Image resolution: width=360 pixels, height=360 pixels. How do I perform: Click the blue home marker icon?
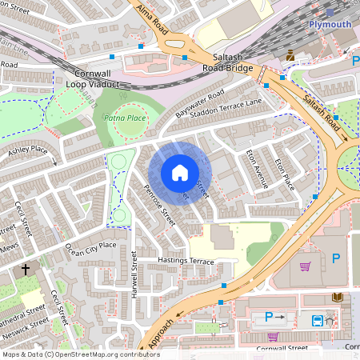tap(180, 172)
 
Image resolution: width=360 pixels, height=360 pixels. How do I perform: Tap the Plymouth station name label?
tap(330, 24)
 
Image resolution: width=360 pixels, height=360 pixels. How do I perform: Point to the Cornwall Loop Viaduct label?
tap(91, 78)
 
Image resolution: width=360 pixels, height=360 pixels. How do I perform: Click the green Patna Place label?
tap(124, 118)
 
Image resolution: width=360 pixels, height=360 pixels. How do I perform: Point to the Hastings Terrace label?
tap(186, 262)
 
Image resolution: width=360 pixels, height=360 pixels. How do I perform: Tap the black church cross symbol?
tap(26, 270)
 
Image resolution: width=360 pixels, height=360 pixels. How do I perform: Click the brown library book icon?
tap(337, 298)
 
